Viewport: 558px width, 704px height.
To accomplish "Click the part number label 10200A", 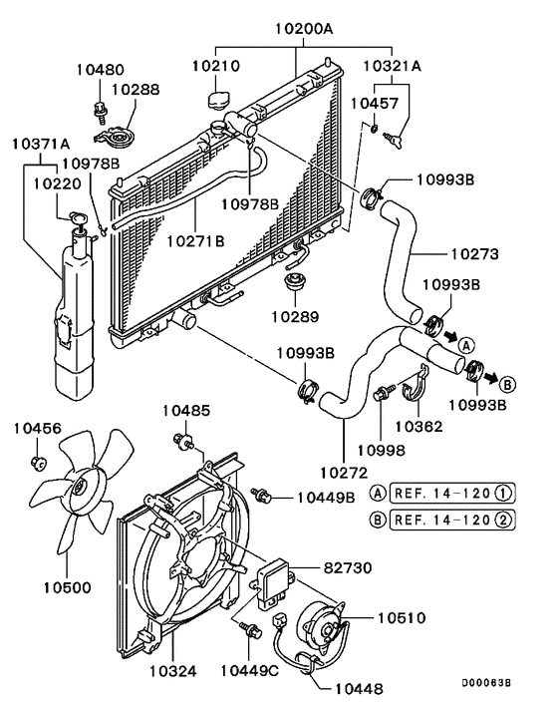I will point(296,30).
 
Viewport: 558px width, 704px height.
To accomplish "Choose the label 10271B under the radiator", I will point(195,240).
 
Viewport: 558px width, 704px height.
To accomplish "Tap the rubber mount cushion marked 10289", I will point(294,283).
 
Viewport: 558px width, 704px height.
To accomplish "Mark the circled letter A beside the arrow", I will point(463,343).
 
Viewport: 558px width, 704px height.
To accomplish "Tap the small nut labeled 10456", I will point(38,461).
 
